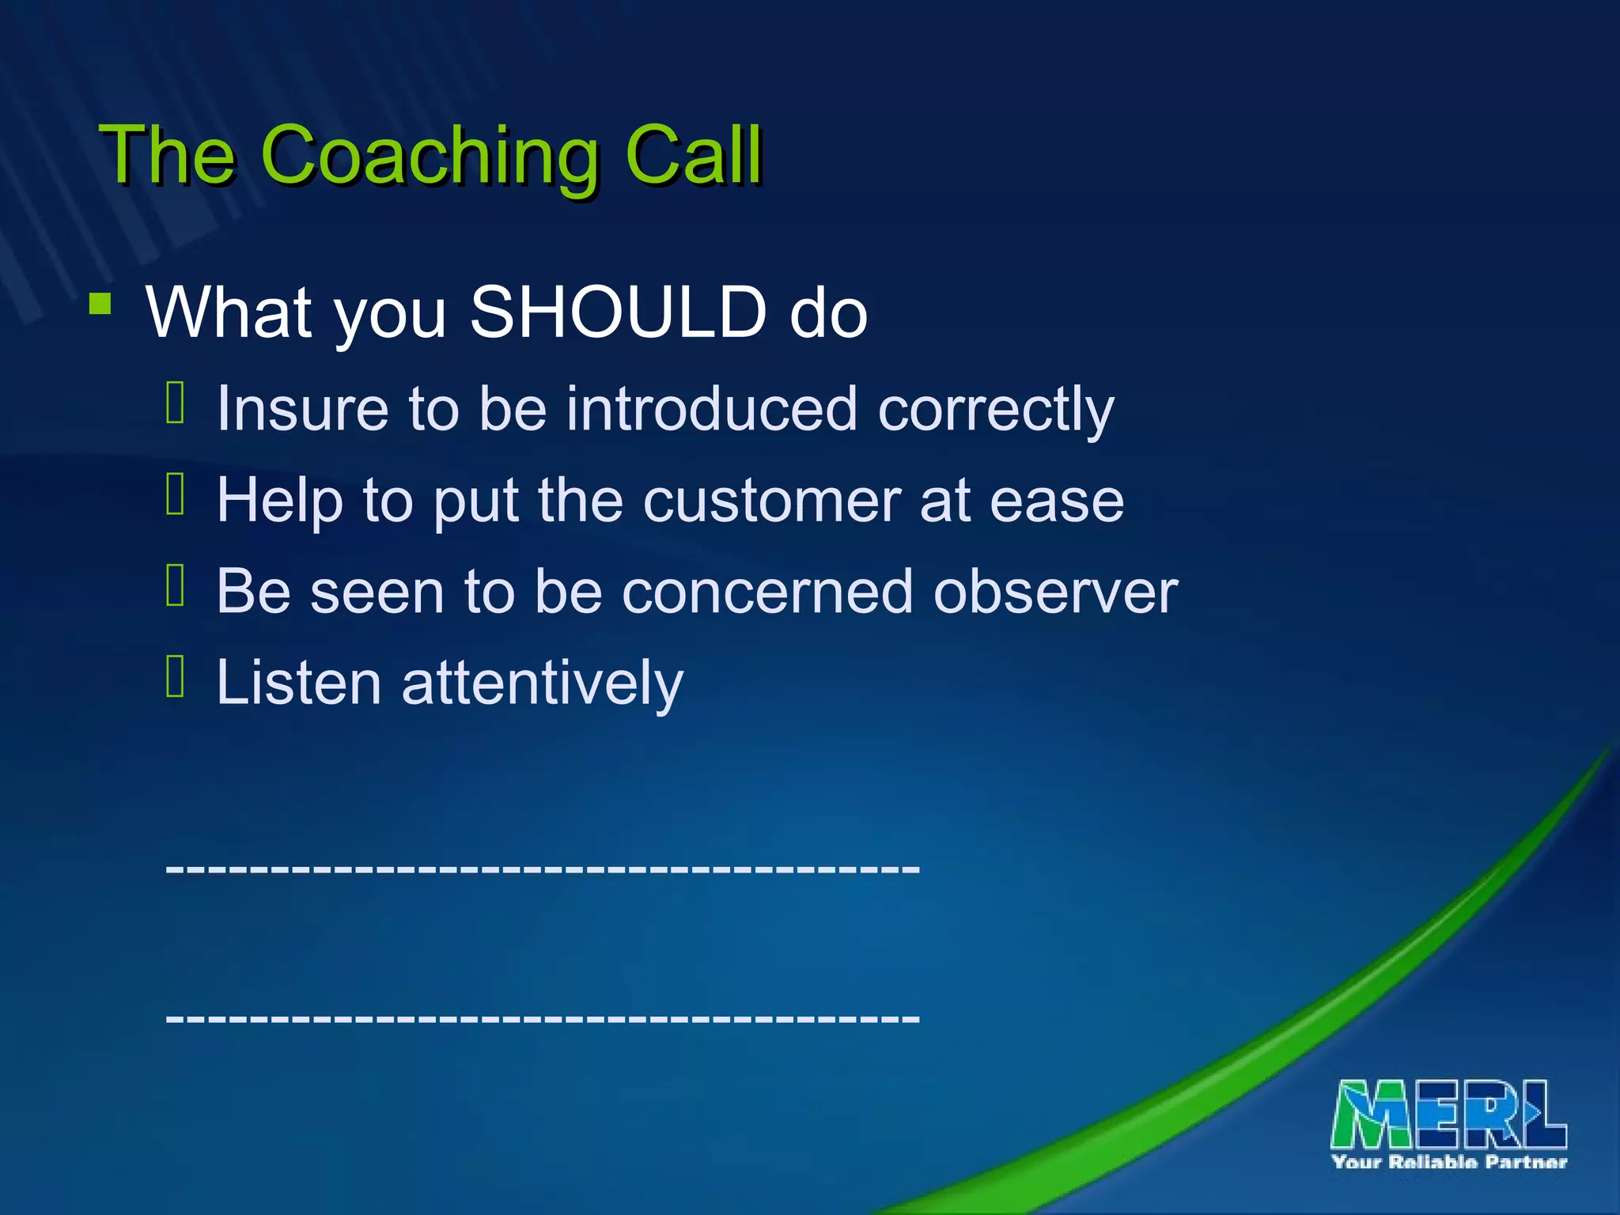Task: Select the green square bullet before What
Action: click(x=100, y=305)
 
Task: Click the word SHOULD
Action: click(x=618, y=312)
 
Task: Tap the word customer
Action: click(x=771, y=501)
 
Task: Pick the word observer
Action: click(x=1055, y=592)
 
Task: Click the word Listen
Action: click(x=299, y=682)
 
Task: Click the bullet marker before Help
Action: click(x=176, y=494)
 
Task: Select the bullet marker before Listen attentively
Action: click(x=176, y=676)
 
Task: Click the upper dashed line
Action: click(x=543, y=869)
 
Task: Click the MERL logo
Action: click(x=1448, y=1114)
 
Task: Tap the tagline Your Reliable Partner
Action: click(x=1448, y=1162)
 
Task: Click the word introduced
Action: click(x=711, y=409)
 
